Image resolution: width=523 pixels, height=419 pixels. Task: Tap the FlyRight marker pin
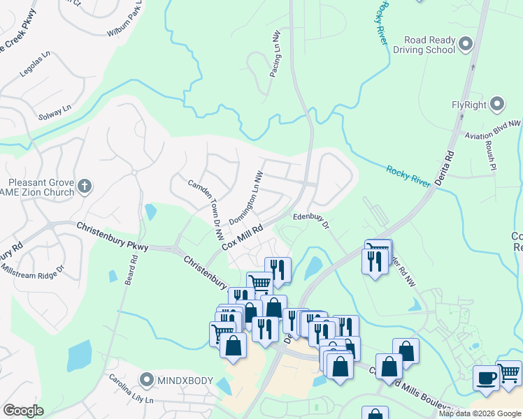pos(497,105)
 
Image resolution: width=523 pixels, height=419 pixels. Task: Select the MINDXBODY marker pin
pos(146,381)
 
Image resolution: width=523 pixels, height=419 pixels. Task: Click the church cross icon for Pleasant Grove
pos(84,186)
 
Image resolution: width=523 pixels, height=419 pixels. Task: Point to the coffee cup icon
pos(486,377)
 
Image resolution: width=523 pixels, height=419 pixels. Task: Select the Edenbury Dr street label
pos(311,220)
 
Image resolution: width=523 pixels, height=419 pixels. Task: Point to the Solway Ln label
pos(56,112)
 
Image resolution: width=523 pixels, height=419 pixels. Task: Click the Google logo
pos(23,411)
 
